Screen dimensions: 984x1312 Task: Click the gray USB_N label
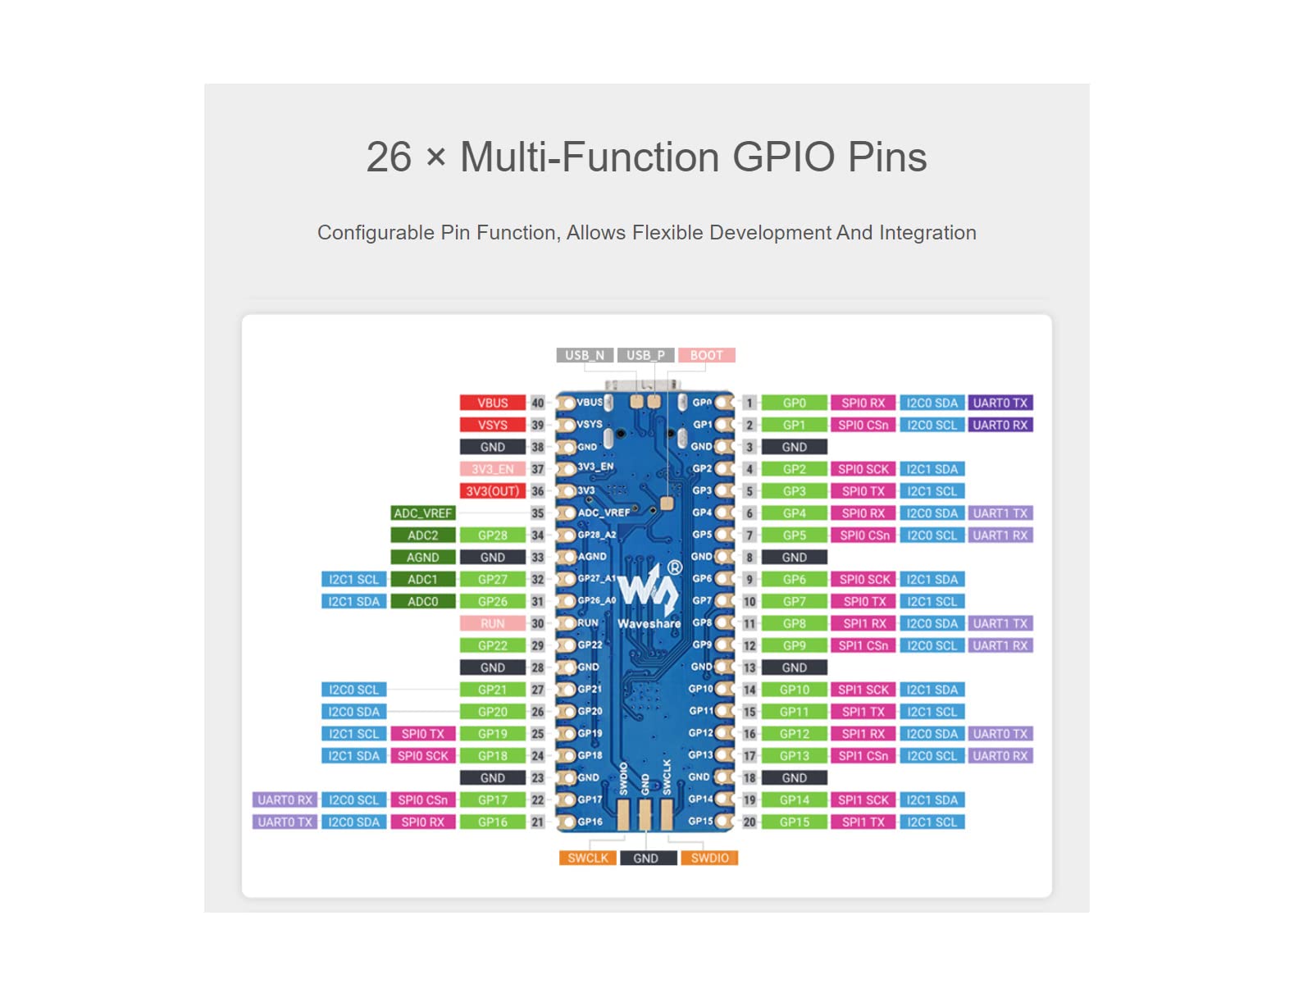pyautogui.click(x=585, y=355)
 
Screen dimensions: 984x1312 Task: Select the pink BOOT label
pyautogui.click(x=706, y=355)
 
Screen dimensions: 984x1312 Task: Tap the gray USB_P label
pyautogui.click(x=645, y=355)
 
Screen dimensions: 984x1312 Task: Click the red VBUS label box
pyautogui.click(x=492, y=403)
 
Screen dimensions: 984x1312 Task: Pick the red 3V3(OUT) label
pyautogui.click(x=492, y=491)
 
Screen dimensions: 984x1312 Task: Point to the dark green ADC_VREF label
pyautogui.click(x=422, y=513)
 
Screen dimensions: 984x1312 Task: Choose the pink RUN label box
pyautogui.click(x=492, y=623)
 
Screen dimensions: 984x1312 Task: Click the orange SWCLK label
pyautogui.click(x=587, y=858)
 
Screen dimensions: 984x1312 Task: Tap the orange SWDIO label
pyautogui.click(x=709, y=858)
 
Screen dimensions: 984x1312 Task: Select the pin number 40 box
pyautogui.click(x=537, y=403)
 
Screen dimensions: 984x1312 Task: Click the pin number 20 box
pyautogui.click(x=749, y=822)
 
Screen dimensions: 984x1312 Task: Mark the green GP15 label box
pyautogui.click(x=794, y=822)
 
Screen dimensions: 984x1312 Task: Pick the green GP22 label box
pyautogui.click(x=492, y=645)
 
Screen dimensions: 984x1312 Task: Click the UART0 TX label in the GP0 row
pyautogui.click(x=1000, y=403)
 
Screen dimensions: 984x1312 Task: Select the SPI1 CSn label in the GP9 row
pyautogui.click(x=863, y=645)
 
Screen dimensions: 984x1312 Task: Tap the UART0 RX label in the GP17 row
pyautogui.click(x=285, y=799)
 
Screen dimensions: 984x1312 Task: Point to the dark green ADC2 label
pyautogui.click(x=422, y=535)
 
